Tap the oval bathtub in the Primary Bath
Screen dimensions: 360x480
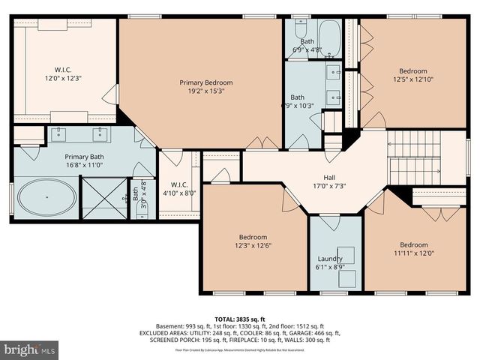(46, 199)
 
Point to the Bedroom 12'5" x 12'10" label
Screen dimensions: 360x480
(412, 75)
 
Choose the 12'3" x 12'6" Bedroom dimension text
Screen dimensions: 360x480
(253, 244)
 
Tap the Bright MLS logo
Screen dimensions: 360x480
(30, 349)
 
